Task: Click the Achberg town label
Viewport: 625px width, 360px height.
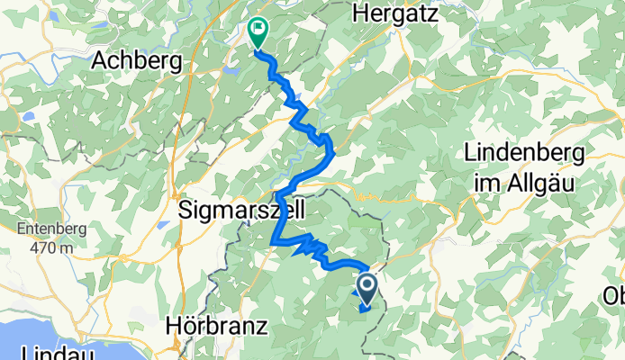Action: (x=138, y=61)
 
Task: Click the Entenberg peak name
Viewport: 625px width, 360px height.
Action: (x=51, y=229)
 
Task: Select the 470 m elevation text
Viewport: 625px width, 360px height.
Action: (x=50, y=248)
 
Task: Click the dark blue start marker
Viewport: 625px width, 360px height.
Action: (x=367, y=288)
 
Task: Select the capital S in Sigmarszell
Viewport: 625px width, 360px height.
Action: (x=186, y=211)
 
